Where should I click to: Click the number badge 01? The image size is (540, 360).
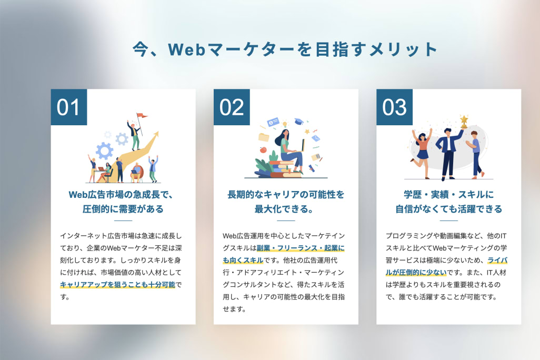coord(69,107)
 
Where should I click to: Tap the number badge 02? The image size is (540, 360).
coord(232,107)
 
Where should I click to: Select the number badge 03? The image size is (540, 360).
coord(394,107)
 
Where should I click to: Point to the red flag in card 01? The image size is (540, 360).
coord(142,116)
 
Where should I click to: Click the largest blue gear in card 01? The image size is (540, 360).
coord(104,151)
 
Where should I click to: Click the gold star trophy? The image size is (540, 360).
coord(464,121)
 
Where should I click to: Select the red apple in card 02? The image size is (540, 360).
coord(263,149)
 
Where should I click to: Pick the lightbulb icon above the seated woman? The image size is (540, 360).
coord(285,124)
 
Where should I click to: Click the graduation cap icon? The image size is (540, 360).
coord(298,121)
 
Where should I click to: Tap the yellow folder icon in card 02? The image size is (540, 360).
coord(264,137)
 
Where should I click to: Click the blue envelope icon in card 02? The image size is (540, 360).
coord(316,138)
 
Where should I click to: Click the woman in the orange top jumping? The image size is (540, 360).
coord(422,152)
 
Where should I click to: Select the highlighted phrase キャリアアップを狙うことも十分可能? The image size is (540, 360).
coord(118,285)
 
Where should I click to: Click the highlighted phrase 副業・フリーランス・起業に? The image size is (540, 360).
coord(301,248)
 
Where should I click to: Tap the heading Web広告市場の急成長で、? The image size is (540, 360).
coord(121,195)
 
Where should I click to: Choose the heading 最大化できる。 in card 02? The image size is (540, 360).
coord(284,209)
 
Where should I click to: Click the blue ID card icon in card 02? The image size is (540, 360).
coord(273,122)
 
